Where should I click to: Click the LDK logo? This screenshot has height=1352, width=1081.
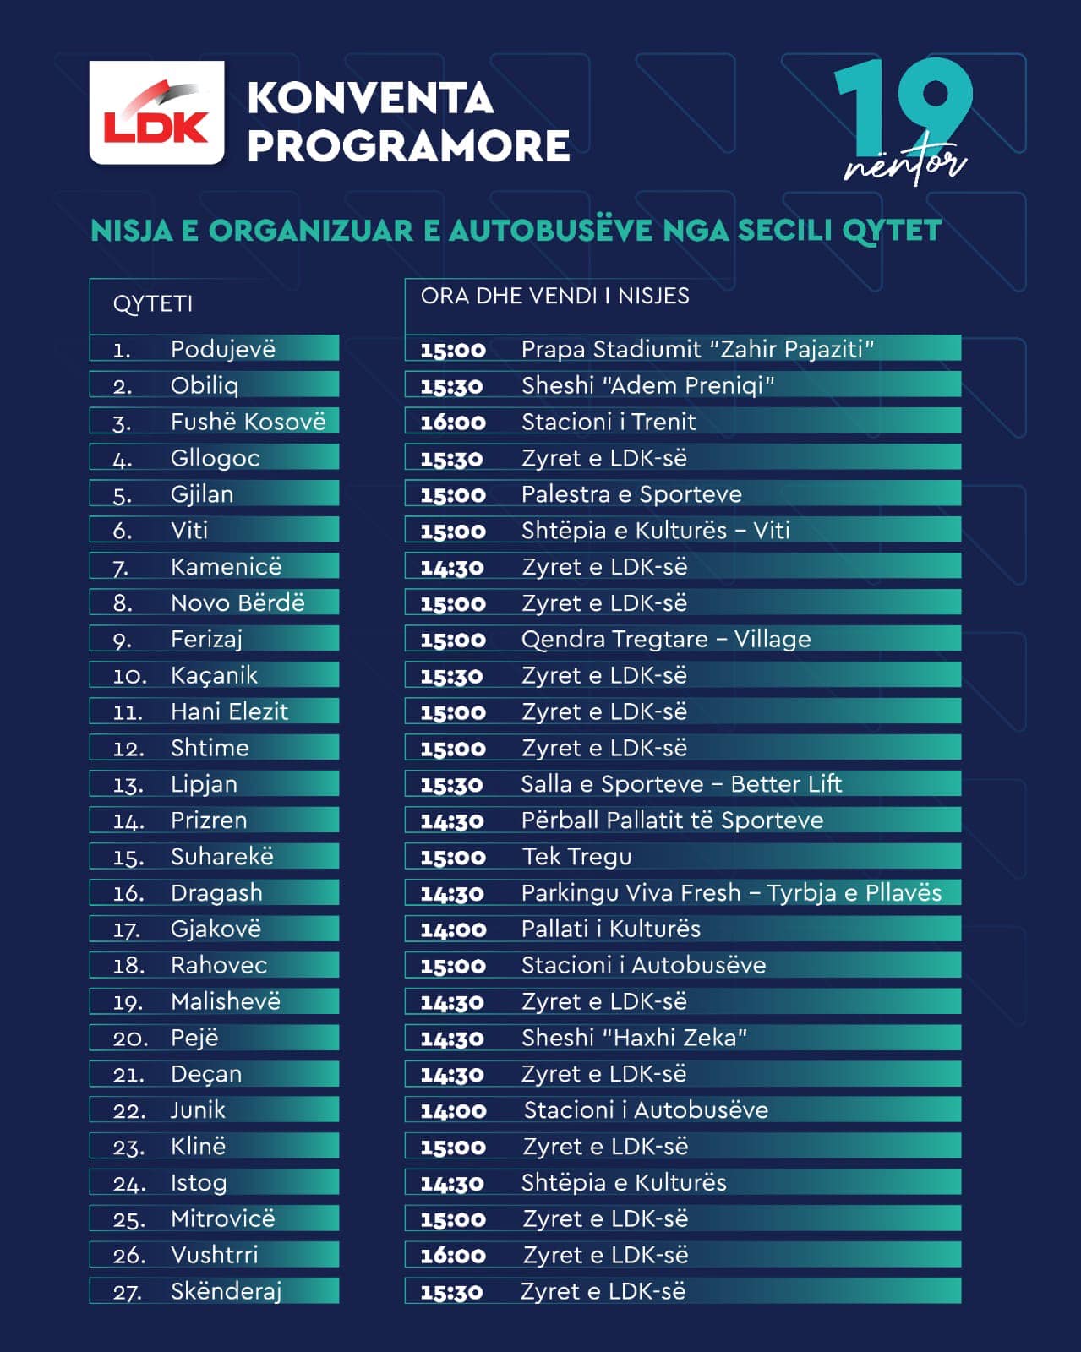click(156, 112)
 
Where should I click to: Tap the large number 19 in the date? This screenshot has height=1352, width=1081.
click(903, 106)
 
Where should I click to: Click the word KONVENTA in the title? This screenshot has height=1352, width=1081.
click(370, 98)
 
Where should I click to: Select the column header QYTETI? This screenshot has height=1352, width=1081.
click(153, 304)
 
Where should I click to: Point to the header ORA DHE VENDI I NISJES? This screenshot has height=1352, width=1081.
click(554, 296)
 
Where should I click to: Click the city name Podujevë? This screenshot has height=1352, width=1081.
click(223, 349)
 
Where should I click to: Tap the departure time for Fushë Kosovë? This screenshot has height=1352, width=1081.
click(453, 422)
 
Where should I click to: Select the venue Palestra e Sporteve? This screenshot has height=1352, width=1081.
click(631, 494)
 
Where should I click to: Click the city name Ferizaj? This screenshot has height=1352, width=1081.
click(206, 639)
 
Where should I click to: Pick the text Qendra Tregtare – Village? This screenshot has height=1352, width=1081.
click(666, 639)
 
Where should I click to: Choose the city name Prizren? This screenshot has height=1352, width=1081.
click(209, 820)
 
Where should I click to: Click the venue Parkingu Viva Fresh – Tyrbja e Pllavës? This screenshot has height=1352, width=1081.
click(731, 893)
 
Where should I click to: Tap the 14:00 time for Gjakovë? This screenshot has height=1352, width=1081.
click(453, 929)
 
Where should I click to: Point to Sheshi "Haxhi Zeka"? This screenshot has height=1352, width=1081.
click(634, 1038)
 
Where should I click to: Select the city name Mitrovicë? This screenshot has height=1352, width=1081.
click(223, 1219)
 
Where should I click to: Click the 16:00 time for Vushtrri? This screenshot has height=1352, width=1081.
click(453, 1256)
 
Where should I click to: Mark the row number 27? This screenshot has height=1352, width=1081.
click(128, 1292)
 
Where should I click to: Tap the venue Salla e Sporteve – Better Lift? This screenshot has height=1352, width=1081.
click(681, 784)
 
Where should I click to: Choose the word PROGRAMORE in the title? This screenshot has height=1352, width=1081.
click(408, 145)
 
